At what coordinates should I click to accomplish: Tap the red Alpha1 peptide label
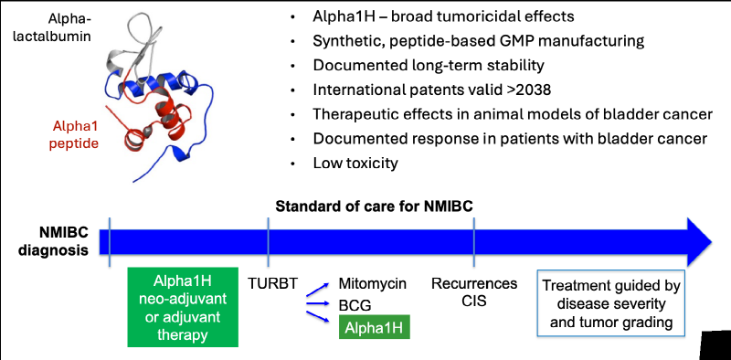[76, 134]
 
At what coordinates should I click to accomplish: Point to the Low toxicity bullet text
[355, 164]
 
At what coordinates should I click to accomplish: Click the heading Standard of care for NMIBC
[375, 206]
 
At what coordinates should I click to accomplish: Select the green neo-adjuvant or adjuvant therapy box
[183, 307]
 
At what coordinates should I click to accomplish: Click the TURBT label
[271, 283]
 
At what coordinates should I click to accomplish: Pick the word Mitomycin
[373, 283]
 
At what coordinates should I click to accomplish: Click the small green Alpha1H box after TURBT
[375, 328]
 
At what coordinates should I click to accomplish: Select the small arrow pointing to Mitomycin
[319, 289]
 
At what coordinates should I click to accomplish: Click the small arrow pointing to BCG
[319, 304]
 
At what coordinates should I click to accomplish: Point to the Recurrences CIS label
[474, 291]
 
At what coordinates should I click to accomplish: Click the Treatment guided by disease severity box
[611, 302]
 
